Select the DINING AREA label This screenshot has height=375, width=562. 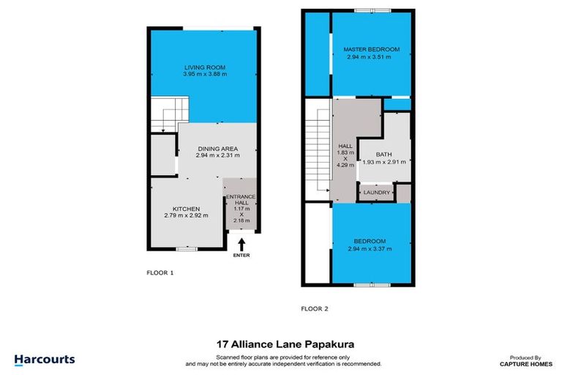[x=217, y=148]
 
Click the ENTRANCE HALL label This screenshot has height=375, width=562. [x=241, y=200]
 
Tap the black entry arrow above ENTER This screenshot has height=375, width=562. [x=241, y=242]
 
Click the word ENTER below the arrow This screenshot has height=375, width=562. [x=241, y=256]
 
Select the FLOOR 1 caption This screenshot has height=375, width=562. [x=160, y=273]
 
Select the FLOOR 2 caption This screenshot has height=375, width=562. [x=315, y=309]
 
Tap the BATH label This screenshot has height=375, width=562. [x=384, y=154]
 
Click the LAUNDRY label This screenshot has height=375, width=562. [x=376, y=193]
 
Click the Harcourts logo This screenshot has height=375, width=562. [x=45, y=359]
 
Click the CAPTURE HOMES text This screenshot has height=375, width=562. [x=519, y=364]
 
